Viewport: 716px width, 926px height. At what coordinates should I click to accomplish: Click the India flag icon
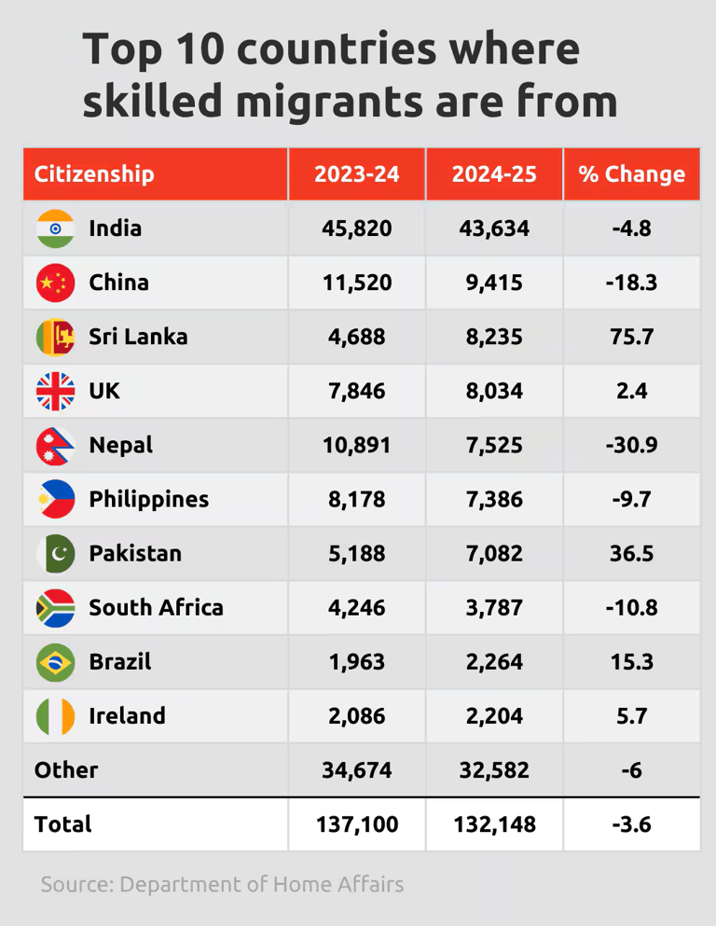[x=55, y=228]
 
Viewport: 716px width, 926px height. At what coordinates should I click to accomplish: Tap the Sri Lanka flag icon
[x=55, y=337]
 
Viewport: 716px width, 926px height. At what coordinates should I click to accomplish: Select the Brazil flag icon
[x=55, y=662]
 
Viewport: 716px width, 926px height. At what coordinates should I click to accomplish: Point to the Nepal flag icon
[x=55, y=445]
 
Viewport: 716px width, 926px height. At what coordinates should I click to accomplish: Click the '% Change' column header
[x=631, y=174]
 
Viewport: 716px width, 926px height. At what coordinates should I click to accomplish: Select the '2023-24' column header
[x=356, y=174]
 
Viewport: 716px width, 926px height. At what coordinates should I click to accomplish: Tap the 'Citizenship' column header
[x=94, y=174]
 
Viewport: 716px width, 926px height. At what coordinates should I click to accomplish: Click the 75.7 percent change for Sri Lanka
[x=631, y=337]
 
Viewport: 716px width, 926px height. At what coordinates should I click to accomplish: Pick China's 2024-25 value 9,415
[x=494, y=283]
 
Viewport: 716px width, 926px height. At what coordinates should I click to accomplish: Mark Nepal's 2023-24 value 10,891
[x=356, y=445]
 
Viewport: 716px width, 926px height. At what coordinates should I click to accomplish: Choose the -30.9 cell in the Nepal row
[x=631, y=445]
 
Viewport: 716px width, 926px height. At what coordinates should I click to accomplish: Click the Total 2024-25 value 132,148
[x=494, y=824]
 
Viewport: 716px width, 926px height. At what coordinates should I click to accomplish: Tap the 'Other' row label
[x=66, y=770]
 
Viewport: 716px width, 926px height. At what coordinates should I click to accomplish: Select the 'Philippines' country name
[x=148, y=499]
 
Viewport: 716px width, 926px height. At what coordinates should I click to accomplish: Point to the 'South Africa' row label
[x=156, y=608]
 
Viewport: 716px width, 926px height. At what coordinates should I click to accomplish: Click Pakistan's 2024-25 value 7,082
[x=494, y=553]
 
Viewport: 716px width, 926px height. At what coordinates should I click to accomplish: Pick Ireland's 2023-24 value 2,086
[x=356, y=716]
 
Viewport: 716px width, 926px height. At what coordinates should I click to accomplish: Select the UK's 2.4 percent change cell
[x=631, y=391]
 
